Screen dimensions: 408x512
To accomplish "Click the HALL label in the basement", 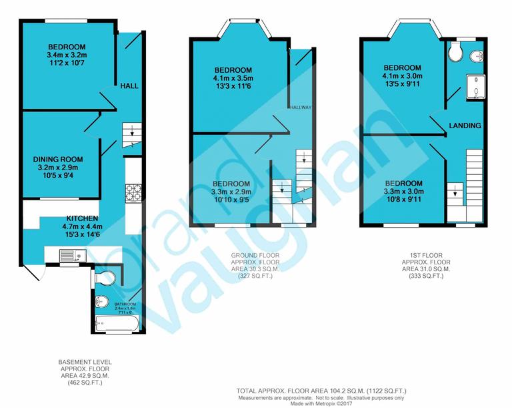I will click(130, 85).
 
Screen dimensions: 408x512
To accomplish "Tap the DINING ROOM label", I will click(58, 159).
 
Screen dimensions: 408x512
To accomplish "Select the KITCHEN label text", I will click(82, 218).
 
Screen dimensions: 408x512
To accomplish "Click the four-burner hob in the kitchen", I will click(133, 192).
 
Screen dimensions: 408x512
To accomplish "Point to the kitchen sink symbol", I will click(69, 254).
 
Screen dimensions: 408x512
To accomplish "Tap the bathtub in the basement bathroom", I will click(116, 325).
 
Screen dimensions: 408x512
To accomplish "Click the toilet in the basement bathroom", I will click(106, 277).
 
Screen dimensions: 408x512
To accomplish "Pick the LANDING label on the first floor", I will click(465, 126).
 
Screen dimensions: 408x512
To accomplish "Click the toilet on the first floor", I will click(455, 51).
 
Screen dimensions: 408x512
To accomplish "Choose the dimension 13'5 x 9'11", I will click(403, 84).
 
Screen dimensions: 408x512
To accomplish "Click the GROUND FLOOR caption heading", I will click(255, 255).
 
